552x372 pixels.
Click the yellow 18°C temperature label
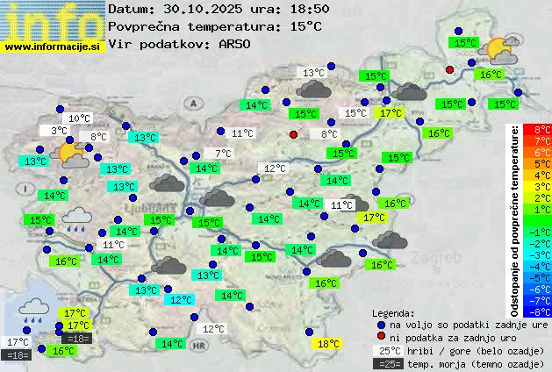(x=327, y=344)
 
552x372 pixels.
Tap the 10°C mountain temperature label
(x=79, y=118)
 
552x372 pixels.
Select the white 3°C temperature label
(x=59, y=131)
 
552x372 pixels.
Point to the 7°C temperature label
(x=224, y=154)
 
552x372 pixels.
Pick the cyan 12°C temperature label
(x=181, y=300)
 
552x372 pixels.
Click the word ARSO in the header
(x=237, y=43)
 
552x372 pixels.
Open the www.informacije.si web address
(x=53, y=46)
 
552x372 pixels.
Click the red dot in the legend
(x=382, y=337)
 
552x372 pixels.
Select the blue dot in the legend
(x=382, y=324)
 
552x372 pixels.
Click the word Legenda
(x=393, y=312)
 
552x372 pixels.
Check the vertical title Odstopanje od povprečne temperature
(x=514, y=219)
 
